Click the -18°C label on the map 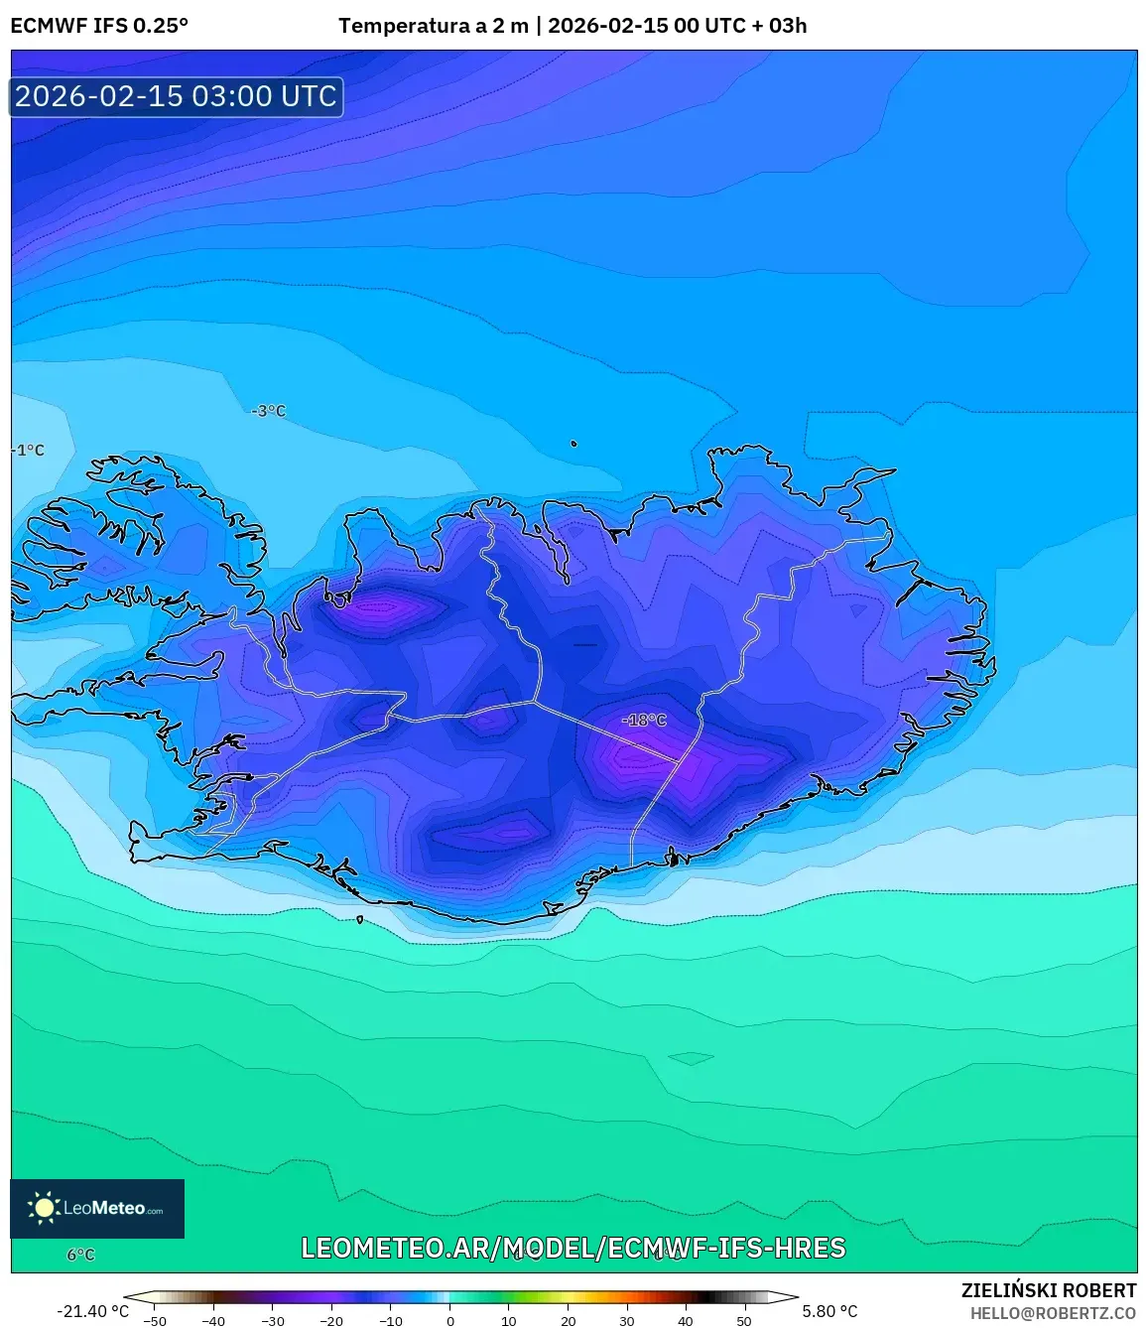(x=645, y=721)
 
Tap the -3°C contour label (x=269, y=411)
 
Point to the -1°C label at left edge (x=29, y=451)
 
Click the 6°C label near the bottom (x=80, y=1255)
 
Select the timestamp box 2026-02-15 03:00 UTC (x=177, y=97)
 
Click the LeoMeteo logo (x=97, y=1208)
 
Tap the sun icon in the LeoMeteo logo (x=44, y=1208)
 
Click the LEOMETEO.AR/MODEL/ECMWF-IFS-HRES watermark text (x=573, y=1249)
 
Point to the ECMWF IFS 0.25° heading (x=99, y=26)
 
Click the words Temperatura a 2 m (x=434, y=26)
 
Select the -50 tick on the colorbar (x=155, y=1321)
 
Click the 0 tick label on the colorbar (x=450, y=1321)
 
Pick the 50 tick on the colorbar (x=744, y=1321)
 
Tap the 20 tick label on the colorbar (x=568, y=1321)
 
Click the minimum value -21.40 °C (x=92, y=1311)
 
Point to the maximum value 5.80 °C (x=829, y=1311)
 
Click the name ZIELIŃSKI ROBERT (x=1049, y=1290)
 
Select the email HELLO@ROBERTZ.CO (x=1053, y=1313)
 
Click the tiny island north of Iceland (x=573, y=444)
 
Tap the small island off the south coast (x=359, y=920)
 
